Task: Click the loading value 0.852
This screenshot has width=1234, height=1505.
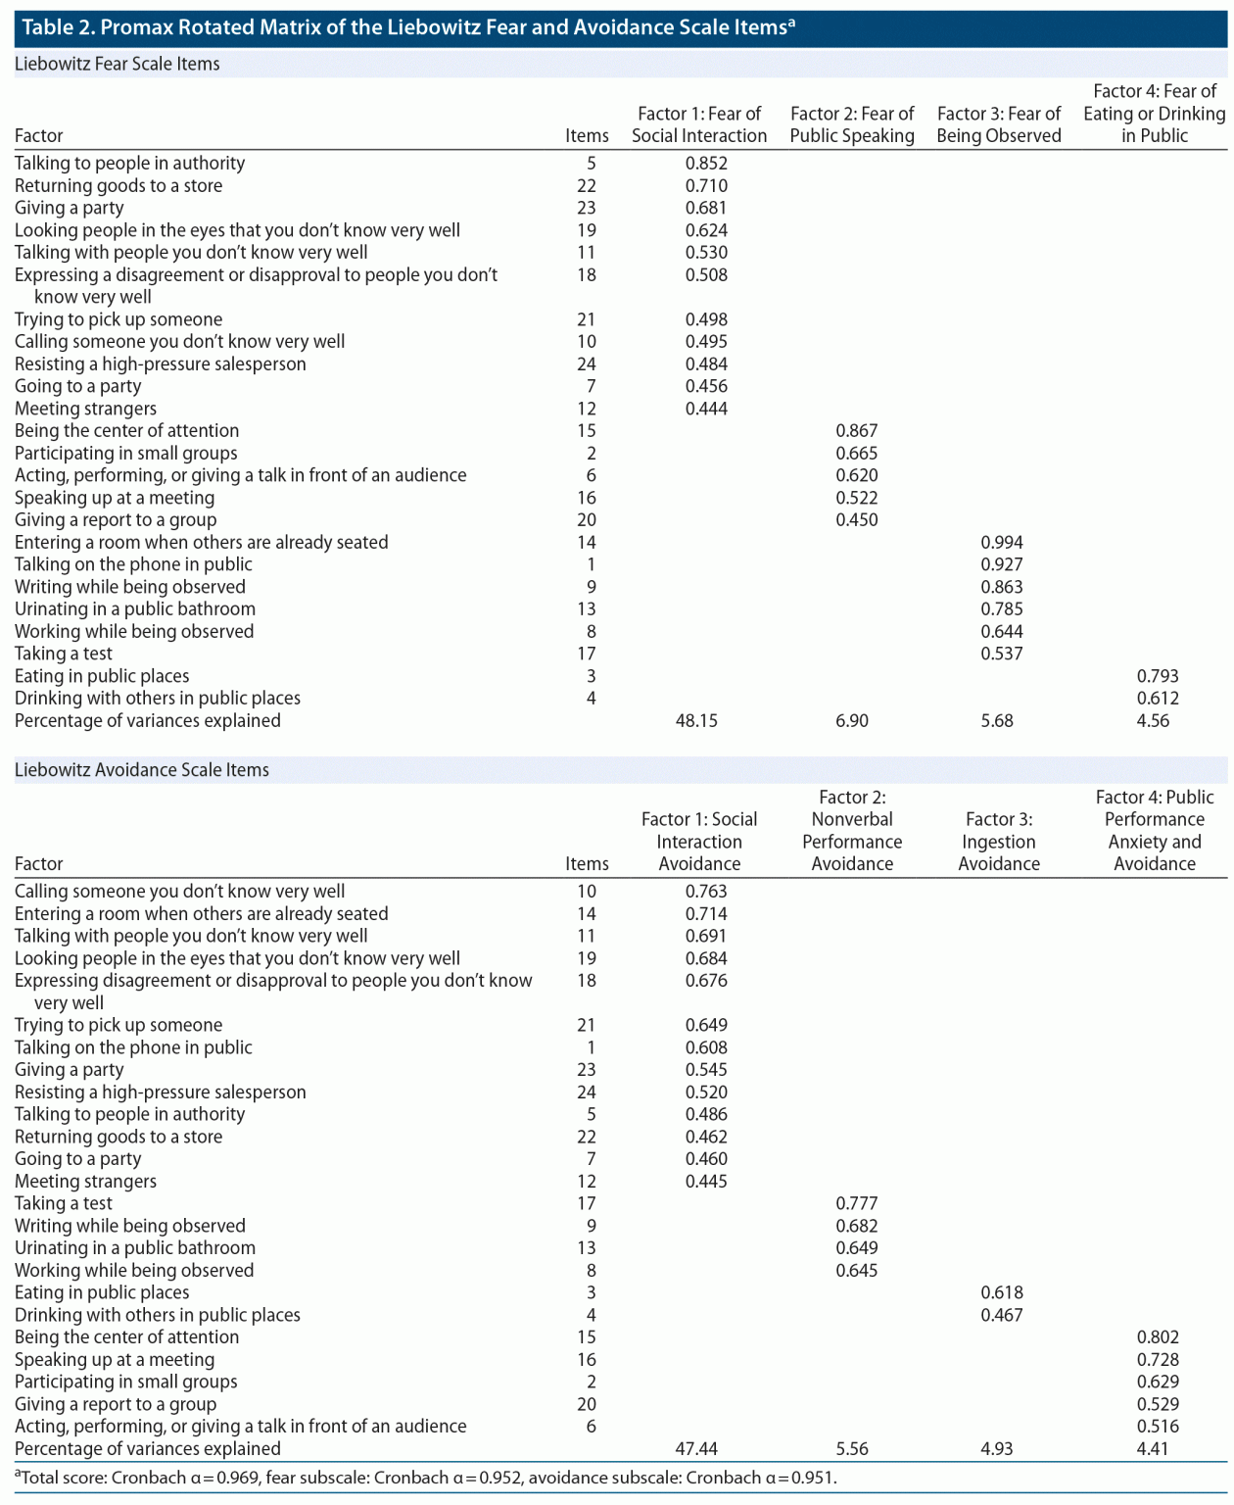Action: tap(706, 164)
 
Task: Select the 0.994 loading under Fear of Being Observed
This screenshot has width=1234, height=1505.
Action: tap(1001, 543)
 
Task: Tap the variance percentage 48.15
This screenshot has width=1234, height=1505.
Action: tap(696, 721)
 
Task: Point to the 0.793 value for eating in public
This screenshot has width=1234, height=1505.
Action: tap(1158, 676)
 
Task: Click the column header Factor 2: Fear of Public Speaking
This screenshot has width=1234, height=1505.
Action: tap(852, 125)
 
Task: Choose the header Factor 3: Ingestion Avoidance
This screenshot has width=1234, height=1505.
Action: tap(999, 842)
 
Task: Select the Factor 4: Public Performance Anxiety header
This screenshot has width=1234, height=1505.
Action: tap(1155, 831)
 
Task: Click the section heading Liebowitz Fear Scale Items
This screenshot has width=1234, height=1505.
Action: tap(118, 65)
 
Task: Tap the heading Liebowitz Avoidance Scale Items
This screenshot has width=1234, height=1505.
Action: tap(142, 770)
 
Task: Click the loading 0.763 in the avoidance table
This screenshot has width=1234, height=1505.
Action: tap(706, 892)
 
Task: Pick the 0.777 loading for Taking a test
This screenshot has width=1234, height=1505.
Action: tap(857, 1203)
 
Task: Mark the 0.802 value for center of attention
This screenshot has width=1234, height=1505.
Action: tap(1158, 1337)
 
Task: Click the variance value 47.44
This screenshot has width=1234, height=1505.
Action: tap(696, 1449)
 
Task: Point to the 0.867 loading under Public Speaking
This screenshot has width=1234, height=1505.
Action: tap(857, 431)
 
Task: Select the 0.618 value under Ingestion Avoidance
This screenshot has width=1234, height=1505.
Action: tap(1001, 1292)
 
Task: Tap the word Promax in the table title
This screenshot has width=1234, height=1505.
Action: tap(136, 26)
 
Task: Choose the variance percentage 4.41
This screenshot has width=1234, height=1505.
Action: tap(1153, 1449)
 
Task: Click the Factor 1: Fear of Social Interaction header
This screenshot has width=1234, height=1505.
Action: tap(699, 125)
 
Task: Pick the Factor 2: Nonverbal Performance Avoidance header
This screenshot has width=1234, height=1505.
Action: tap(852, 831)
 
